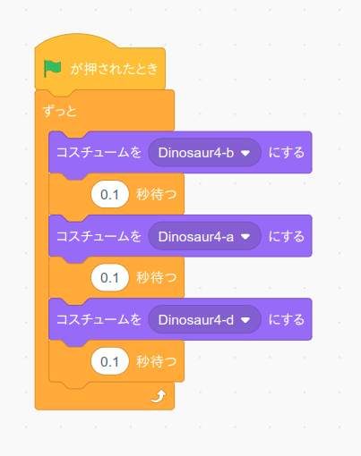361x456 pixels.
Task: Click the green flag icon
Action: [52, 68]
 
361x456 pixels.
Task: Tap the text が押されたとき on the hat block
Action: [114, 69]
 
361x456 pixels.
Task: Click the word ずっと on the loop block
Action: [60, 111]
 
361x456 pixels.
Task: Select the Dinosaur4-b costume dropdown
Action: [204, 153]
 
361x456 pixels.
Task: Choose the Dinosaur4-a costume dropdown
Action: [204, 236]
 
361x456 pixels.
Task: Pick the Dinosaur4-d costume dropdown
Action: [204, 320]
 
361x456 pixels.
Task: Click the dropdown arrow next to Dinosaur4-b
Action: [245, 153]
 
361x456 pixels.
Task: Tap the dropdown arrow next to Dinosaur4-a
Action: [245, 237]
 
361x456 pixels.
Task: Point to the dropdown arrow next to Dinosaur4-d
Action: [245, 320]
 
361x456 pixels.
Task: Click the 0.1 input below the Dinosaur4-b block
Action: [110, 194]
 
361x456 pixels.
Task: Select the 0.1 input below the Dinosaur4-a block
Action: [110, 278]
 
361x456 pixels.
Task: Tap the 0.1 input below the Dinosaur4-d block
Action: [110, 361]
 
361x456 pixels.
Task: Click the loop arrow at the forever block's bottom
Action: [159, 396]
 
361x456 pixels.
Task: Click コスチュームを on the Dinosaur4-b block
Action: [99, 152]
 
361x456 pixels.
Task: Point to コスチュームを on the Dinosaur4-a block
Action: [99, 236]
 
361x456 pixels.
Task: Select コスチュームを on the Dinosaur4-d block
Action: [99, 319]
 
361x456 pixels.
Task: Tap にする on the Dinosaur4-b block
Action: [287, 152]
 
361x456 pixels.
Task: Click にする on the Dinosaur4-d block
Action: [287, 319]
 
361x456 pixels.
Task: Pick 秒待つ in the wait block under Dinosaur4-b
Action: [157, 194]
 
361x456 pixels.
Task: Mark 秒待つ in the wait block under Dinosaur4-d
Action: [157, 361]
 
